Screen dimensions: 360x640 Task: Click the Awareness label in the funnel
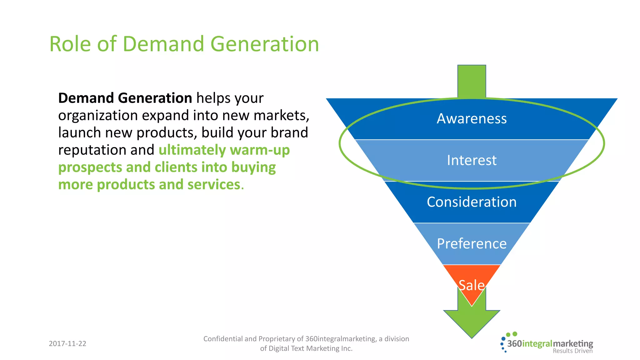[x=472, y=119]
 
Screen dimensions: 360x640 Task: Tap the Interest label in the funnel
[x=472, y=160]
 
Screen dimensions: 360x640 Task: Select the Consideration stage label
[x=472, y=202]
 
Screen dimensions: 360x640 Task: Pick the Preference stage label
[x=472, y=243]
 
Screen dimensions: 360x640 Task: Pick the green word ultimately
[x=192, y=150]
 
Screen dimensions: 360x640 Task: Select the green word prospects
[x=90, y=167]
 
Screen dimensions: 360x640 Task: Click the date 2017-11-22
[x=67, y=343]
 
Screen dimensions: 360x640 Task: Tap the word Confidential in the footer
[x=223, y=339]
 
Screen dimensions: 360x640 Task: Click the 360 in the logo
[x=514, y=344]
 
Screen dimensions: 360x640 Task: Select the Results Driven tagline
[x=572, y=351]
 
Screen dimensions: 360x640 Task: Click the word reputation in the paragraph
[x=92, y=150]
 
